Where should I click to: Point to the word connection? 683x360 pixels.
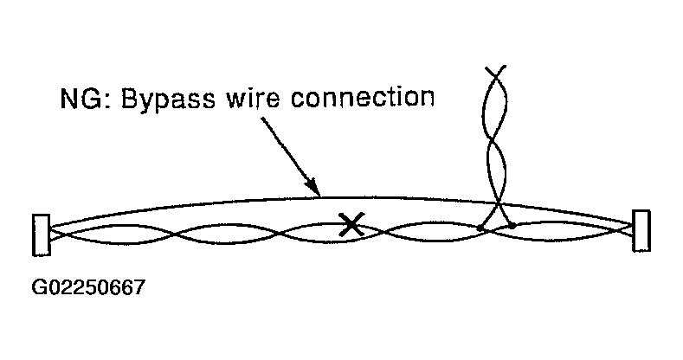358,97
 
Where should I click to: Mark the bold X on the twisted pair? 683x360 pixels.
350,226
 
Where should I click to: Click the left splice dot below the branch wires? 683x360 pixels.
480,228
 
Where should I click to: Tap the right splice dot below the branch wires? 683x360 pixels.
512,226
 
